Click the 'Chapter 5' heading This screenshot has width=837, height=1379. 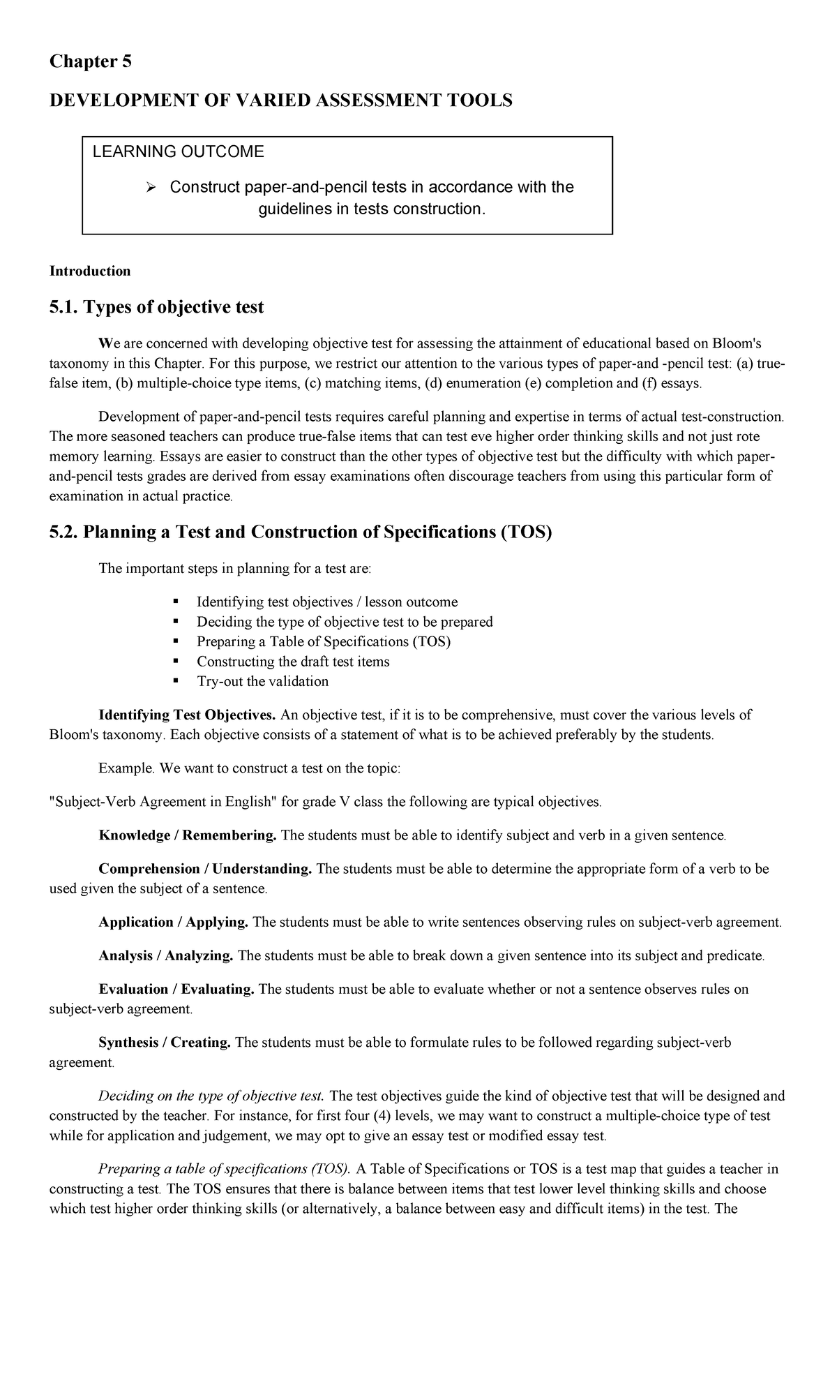pos(90,62)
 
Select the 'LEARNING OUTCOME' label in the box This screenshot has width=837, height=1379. pos(179,152)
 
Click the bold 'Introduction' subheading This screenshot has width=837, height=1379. pos(89,271)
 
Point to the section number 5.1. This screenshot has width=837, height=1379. pos(63,307)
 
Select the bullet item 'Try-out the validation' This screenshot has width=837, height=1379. pos(262,681)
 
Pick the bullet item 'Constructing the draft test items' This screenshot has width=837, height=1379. pos(293,662)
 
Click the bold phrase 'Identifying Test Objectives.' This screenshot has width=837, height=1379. pos(188,715)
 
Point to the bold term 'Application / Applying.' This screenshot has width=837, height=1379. pos(174,923)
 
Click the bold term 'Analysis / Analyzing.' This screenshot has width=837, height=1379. pos(166,956)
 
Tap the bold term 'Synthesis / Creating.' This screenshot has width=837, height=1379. pos(165,1043)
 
